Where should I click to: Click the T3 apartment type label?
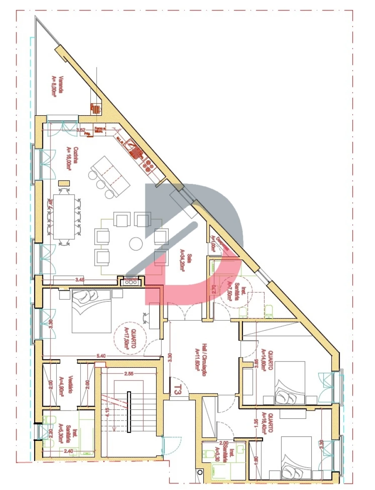click(178, 390)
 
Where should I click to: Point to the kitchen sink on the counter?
click(132, 148)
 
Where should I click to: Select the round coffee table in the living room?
click(136, 243)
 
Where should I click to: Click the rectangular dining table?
click(63, 216)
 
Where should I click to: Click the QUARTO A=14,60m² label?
click(267, 360)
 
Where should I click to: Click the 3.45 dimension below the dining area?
click(79, 280)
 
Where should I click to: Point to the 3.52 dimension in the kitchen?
click(80, 130)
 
